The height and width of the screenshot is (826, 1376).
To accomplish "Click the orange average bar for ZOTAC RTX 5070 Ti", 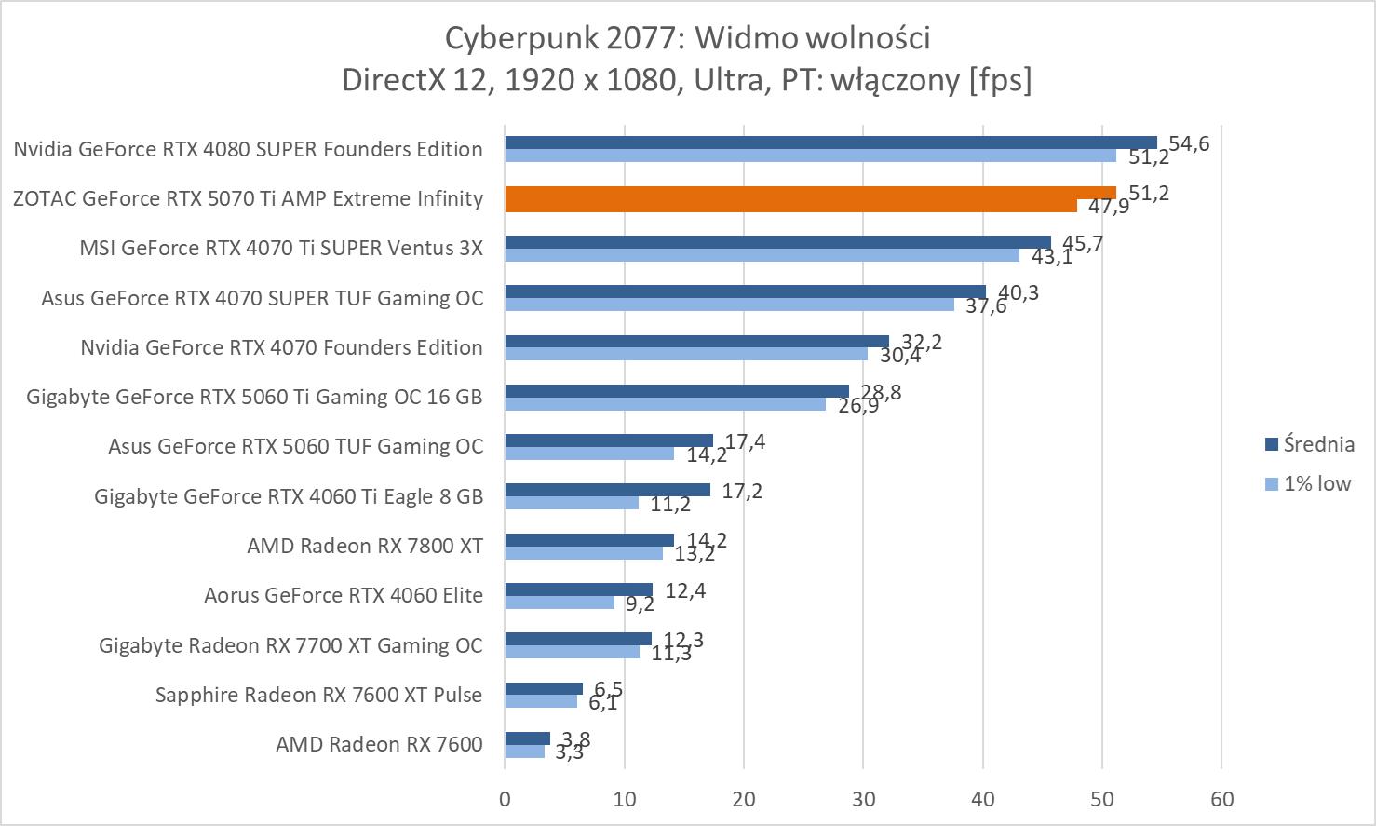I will click(810, 193).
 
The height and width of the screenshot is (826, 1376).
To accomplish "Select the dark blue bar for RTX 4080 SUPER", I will click(830, 142).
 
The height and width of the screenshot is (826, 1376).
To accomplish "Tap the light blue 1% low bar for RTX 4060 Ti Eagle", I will click(572, 503).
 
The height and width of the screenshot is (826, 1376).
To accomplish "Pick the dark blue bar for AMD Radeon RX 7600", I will click(527, 738).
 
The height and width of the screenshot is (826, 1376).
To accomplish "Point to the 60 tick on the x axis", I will click(1221, 799).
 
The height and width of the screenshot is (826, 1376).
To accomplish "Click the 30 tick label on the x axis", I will click(863, 799).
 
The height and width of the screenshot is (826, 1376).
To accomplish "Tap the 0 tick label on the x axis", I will click(505, 799).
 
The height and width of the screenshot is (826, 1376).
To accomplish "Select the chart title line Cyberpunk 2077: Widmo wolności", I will click(687, 38).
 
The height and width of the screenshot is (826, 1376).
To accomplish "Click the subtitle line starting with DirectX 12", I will click(687, 80).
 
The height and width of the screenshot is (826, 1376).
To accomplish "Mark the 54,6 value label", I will click(1189, 144).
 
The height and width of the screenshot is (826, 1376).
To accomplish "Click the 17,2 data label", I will click(742, 491).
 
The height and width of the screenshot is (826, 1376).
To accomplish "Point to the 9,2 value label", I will click(640, 604).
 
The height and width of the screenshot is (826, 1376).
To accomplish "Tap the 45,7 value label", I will click(1083, 244).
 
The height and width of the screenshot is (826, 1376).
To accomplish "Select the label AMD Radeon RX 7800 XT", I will click(365, 546).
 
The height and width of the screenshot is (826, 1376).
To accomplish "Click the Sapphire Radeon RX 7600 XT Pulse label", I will click(318, 695).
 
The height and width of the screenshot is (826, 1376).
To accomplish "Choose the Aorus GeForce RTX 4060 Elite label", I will click(344, 595).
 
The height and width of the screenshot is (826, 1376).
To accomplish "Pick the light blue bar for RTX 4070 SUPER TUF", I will click(729, 305).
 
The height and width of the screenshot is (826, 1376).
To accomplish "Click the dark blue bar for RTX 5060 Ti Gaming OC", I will click(677, 391).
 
